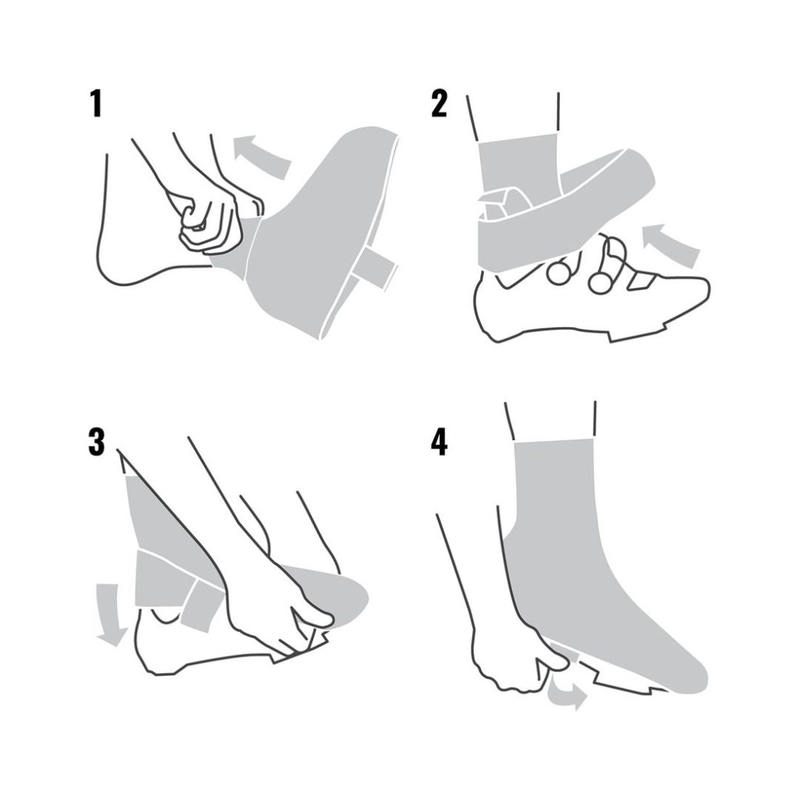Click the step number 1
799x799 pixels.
click(96, 104)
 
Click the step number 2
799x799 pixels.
click(439, 104)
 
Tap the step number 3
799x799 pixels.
click(96, 441)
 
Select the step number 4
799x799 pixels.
click(439, 441)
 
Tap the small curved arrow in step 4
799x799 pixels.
click(566, 695)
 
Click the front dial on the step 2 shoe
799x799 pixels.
click(602, 282)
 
